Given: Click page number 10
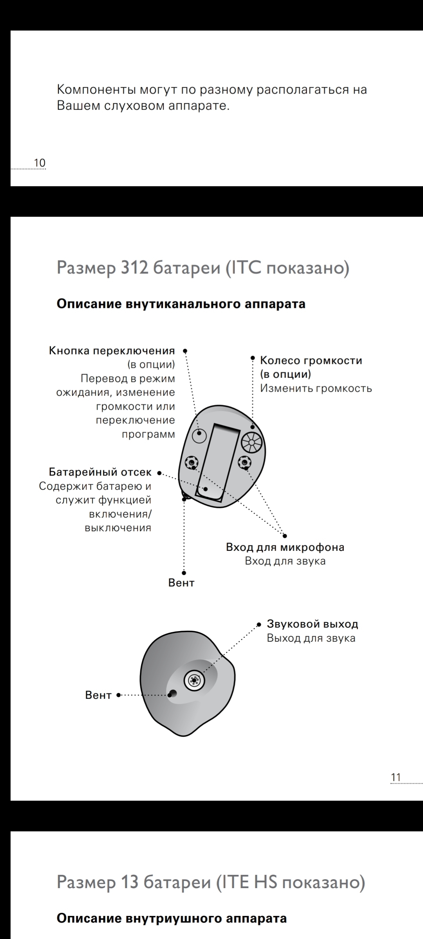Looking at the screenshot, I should (x=40, y=163).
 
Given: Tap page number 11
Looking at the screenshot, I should (x=396, y=777).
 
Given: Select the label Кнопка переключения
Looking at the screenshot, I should (x=112, y=351).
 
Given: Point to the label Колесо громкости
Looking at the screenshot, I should (x=311, y=360).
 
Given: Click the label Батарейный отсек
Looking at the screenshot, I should (x=100, y=472).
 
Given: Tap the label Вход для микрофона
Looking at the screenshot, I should (x=285, y=547).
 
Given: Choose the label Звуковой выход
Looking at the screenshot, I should (x=312, y=624).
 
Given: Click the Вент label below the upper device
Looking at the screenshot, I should (x=181, y=583).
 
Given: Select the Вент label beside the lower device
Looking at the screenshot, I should (x=98, y=695).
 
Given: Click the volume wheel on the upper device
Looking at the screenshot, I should (x=251, y=443).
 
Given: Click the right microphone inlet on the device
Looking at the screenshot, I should (x=245, y=462).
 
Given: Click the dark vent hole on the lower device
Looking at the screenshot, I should (x=172, y=694).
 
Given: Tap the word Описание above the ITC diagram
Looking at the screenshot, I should (x=89, y=304).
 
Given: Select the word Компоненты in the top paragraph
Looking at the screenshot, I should (x=96, y=90).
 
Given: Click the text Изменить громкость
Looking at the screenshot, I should (x=316, y=389).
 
